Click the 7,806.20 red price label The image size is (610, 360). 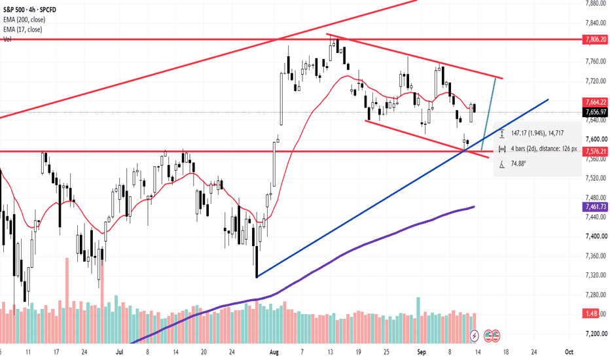595,39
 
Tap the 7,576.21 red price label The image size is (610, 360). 595,151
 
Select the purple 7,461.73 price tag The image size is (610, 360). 595,206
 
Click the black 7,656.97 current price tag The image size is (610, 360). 595,112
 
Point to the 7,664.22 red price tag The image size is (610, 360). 595,102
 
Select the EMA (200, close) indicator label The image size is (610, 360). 24,20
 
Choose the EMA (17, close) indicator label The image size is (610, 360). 22,29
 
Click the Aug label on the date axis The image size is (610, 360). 274,352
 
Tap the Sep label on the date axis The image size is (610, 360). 422,352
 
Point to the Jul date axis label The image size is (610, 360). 119,352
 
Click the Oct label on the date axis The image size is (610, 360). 569,352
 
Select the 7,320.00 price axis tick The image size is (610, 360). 596,275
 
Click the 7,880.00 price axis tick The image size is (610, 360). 596,3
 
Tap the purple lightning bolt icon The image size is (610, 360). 475,335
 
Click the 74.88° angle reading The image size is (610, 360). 518,164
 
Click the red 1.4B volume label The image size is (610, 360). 591,314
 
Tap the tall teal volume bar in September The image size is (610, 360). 418,320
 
